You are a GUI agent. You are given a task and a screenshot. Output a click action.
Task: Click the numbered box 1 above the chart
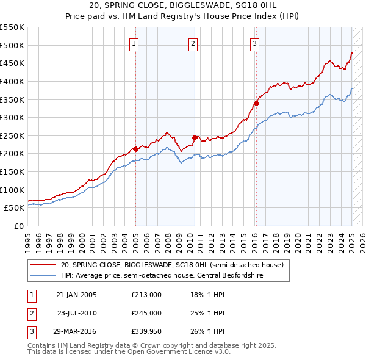134,43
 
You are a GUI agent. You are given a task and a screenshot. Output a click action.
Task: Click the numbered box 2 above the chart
193,43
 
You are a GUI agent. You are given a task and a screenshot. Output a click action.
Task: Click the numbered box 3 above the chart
254,43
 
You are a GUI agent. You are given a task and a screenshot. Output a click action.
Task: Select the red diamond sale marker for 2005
135,148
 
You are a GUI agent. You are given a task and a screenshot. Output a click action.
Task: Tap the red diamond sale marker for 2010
195,137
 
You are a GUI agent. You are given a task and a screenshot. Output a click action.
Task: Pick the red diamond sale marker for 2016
256,103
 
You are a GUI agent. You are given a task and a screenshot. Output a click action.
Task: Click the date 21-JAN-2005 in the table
76,295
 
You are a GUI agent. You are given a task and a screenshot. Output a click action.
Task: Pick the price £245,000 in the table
146,313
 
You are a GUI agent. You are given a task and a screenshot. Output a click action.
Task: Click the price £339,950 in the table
146,331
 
